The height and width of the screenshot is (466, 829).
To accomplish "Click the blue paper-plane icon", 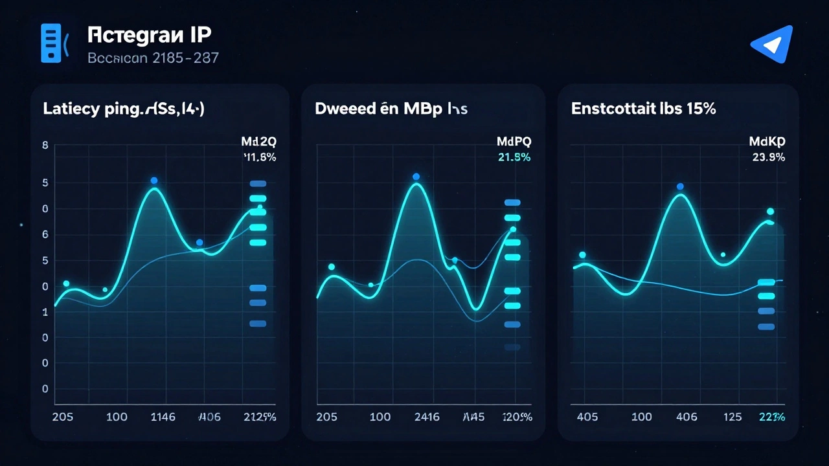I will tap(772, 43).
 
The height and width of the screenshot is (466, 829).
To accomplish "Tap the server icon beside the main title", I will tap(51, 43).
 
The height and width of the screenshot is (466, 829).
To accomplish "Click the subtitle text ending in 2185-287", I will tap(153, 58).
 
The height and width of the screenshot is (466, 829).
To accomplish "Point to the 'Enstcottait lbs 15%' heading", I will tap(643, 109).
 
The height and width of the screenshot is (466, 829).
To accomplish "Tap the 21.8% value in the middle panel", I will tap(514, 157).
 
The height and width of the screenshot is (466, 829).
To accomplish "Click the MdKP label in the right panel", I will tap(767, 141).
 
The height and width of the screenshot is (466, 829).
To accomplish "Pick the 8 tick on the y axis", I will tap(45, 146).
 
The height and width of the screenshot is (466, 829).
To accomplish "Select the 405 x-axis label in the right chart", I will tap(587, 417).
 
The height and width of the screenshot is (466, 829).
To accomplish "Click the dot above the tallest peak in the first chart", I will tap(154, 181).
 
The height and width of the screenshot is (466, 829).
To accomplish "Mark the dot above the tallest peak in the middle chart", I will tap(416, 177).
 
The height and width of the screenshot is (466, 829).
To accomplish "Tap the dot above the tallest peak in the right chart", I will tap(680, 186).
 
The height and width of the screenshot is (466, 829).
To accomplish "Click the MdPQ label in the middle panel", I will tap(514, 141).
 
